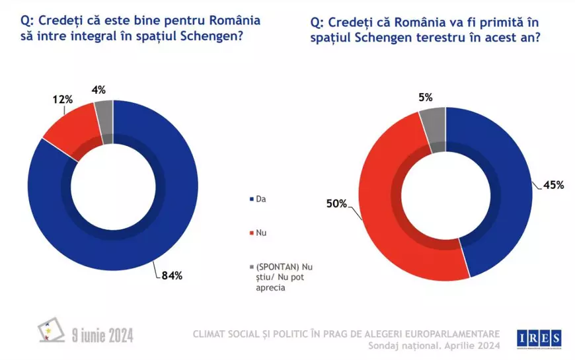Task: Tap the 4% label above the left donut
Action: tap(100, 89)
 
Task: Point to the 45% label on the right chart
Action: tap(553, 185)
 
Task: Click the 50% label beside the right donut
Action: tap(335, 203)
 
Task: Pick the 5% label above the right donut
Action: tap(425, 97)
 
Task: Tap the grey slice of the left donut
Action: tap(104, 114)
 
